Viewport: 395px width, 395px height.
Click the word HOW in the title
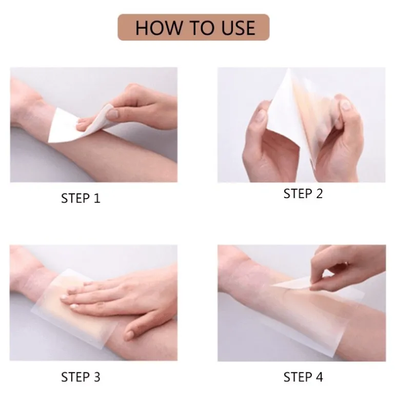[x=159, y=28]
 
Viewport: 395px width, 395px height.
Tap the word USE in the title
[x=239, y=28]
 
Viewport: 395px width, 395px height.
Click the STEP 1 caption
[x=81, y=198]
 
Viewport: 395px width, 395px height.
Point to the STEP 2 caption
[x=303, y=194]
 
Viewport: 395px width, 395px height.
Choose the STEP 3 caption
[x=81, y=377]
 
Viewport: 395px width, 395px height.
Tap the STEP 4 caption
[x=303, y=377]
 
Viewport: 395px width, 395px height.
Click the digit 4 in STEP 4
[x=319, y=377]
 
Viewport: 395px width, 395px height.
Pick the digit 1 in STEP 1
[x=97, y=198]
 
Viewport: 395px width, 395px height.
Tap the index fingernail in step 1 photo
[x=112, y=114]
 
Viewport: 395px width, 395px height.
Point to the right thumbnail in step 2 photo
[x=346, y=105]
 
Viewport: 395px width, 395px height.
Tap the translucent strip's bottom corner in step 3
[x=102, y=349]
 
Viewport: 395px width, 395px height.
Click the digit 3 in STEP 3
[x=96, y=377]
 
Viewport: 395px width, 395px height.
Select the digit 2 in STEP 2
[x=319, y=194]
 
